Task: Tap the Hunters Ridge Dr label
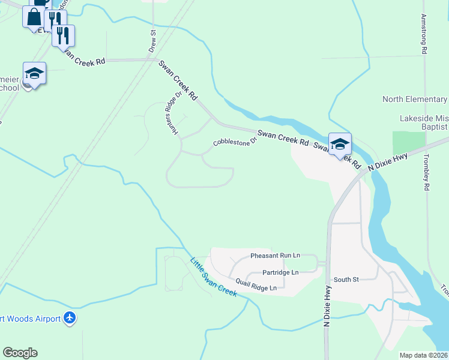coord(175,113)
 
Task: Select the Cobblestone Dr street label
coord(235,141)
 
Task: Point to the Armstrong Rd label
coord(424,35)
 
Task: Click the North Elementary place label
coord(415,100)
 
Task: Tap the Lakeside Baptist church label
coord(424,123)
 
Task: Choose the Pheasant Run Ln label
coord(275,256)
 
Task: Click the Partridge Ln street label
coord(280,272)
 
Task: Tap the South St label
coord(346,280)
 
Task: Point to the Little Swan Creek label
coord(213,277)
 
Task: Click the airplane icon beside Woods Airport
coord(70,318)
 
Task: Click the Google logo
coord(20,353)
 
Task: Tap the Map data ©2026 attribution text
coord(424,355)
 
